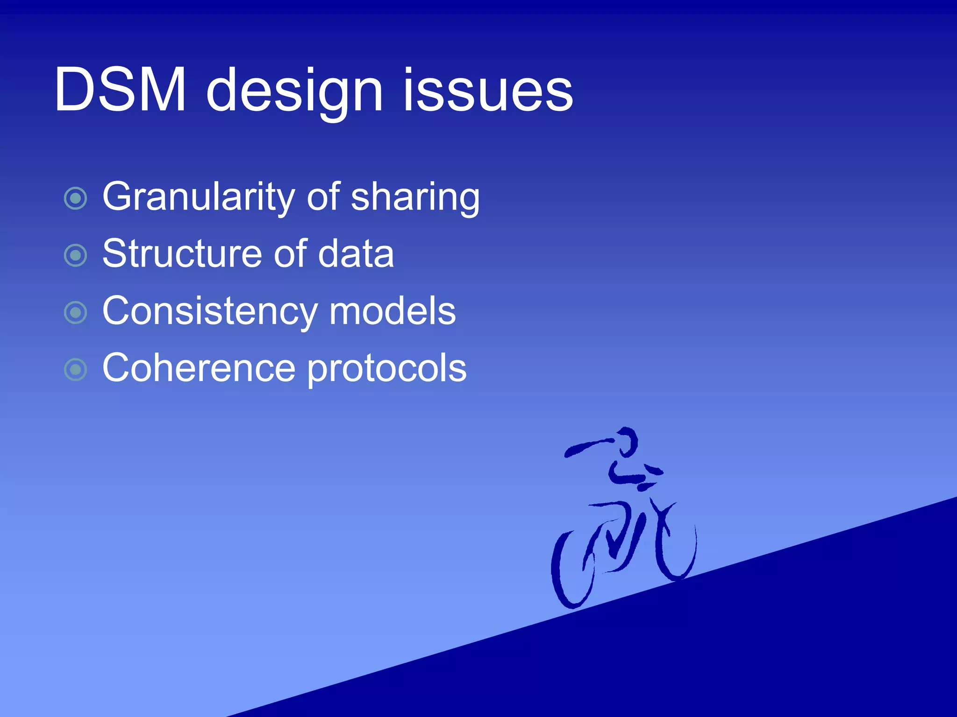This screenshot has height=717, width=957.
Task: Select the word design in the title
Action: pyautogui.click(x=294, y=91)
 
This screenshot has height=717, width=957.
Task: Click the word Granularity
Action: pyautogui.click(x=198, y=197)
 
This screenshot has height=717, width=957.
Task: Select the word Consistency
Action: pyautogui.click(x=208, y=312)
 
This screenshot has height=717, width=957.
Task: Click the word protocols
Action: pyautogui.click(x=387, y=369)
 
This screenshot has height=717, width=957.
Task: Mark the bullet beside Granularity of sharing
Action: pyautogui.click(x=76, y=198)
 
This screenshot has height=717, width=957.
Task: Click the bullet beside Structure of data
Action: pyautogui.click(x=76, y=255)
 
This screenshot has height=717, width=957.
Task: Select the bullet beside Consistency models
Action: pyautogui.click(x=76, y=312)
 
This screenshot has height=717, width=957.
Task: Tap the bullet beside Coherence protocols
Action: pyautogui.click(x=76, y=370)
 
